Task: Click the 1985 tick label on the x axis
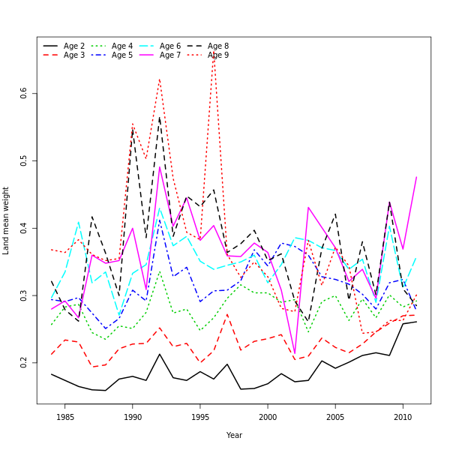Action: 65,416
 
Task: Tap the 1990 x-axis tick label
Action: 133,416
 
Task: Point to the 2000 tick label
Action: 268,416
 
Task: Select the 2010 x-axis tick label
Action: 403,416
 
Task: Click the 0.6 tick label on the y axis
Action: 24,93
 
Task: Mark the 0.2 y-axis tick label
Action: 24,363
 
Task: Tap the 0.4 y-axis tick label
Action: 24,228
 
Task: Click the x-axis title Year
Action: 234,435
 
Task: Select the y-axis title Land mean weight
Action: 7,220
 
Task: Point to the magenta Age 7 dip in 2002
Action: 295,353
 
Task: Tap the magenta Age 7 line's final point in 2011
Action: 416,178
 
